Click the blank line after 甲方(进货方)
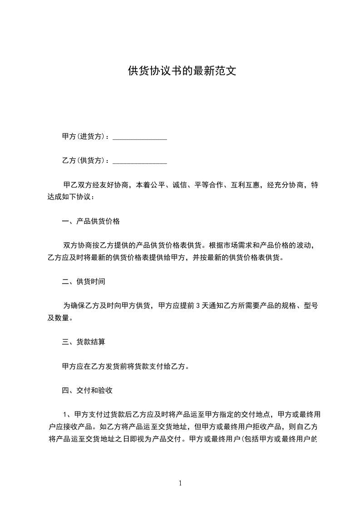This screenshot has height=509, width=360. coord(139,137)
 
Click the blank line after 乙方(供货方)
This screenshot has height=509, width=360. coord(139,161)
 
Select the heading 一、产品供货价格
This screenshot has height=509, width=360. coord(91,222)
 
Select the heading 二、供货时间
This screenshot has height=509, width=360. coord(84,282)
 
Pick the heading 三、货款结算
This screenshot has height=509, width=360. coord(84,342)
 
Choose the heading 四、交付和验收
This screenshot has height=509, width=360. coord(87,390)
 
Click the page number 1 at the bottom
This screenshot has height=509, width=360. coord(180,483)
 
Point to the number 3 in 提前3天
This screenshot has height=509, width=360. coord(197,306)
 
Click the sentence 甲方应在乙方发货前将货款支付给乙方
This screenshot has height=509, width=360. coord(125,366)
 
